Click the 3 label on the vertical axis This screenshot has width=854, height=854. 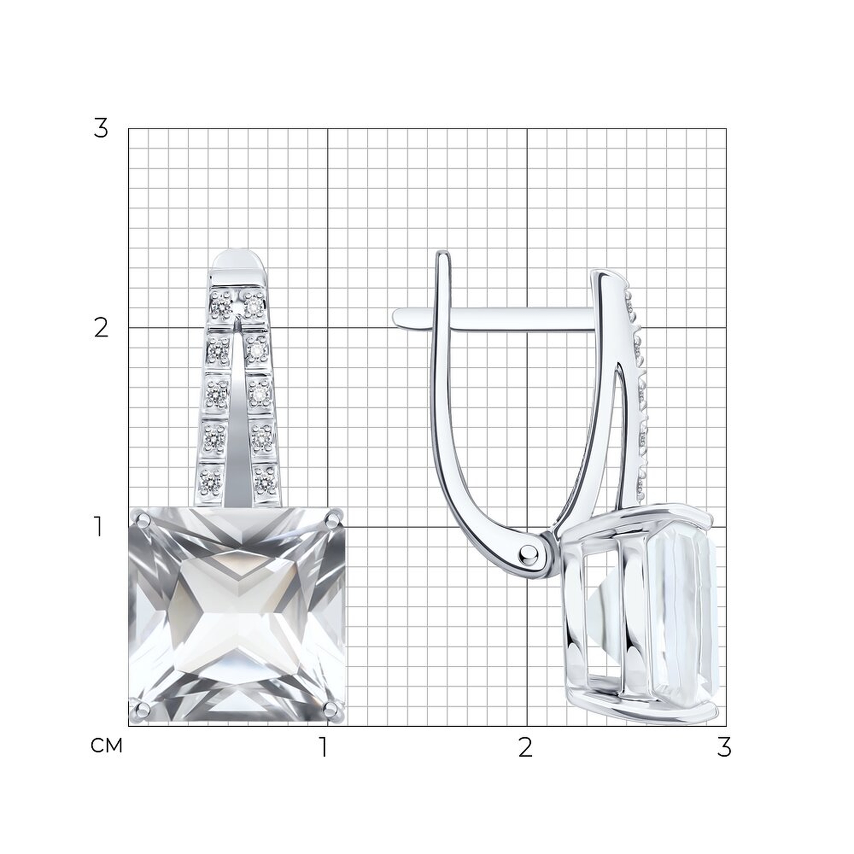[101, 128]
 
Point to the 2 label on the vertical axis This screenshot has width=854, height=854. [101, 328]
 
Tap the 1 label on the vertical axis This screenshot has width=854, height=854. [99, 527]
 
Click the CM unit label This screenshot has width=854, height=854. [106, 746]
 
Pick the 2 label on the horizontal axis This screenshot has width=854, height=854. [525, 747]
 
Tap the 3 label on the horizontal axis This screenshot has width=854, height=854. [725, 747]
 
